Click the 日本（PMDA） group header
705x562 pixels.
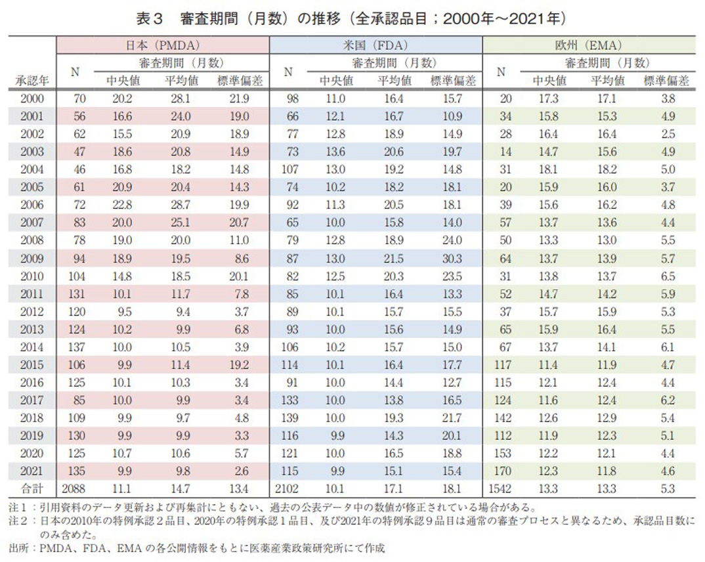click(x=163, y=46)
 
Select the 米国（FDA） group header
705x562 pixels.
click(x=376, y=46)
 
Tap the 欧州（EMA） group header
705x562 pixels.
click(x=589, y=46)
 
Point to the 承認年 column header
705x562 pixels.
click(x=30, y=81)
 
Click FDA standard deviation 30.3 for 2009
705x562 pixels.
click(x=452, y=259)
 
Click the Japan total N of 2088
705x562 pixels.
click(x=76, y=488)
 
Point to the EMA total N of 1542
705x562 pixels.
click(x=500, y=488)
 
